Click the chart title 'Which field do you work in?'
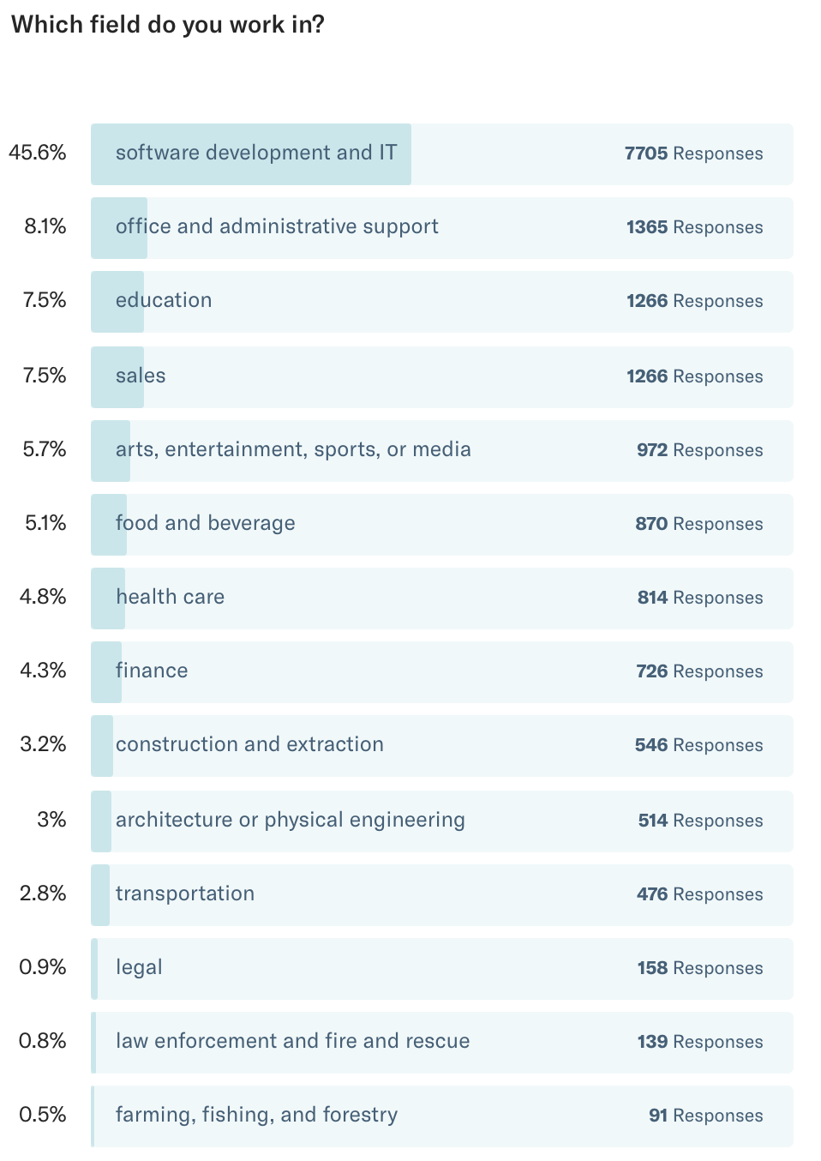[168, 25]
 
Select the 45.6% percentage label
[38, 153]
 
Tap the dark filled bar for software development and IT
[251, 154]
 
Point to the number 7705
[646, 153]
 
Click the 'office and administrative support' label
[277, 226]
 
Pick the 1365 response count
[647, 227]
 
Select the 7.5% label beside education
[45, 300]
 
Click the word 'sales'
[141, 376]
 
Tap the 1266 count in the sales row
[647, 376]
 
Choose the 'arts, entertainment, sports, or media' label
[293, 449]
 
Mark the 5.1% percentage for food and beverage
[45, 523]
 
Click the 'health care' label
[170, 597]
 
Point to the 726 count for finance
[652, 671]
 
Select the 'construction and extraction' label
[249, 744]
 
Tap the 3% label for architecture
[51, 820]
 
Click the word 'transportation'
[185, 893]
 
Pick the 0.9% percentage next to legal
[43, 967]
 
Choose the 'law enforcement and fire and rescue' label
[292, 1041]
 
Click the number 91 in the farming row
[658, 1116]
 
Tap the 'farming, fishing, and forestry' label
[256, 1115]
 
